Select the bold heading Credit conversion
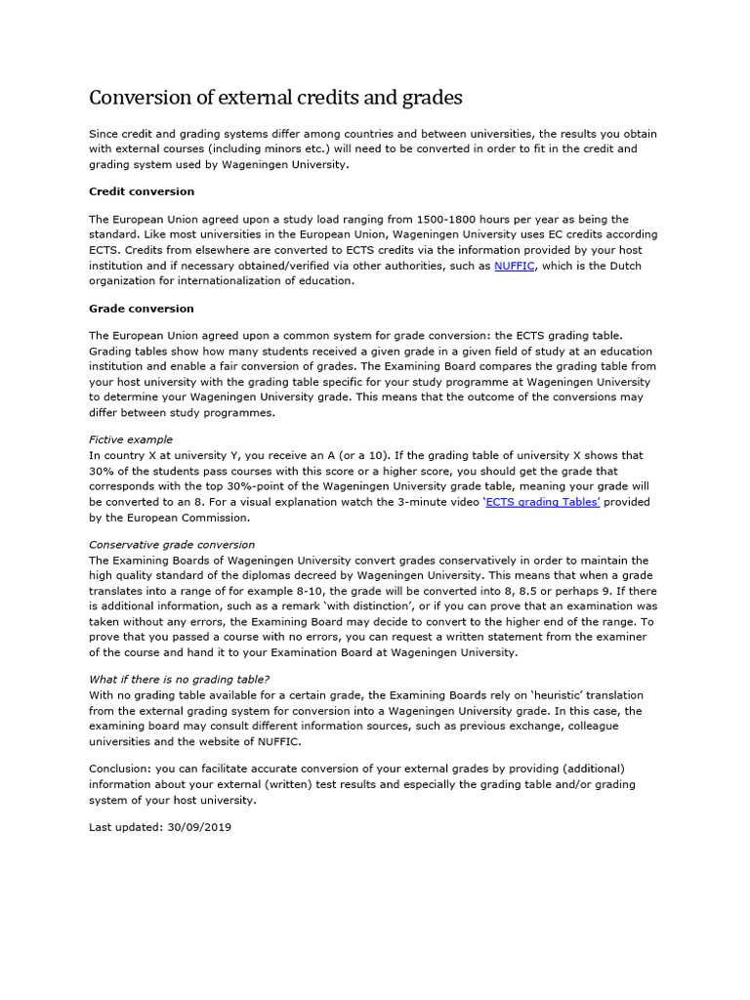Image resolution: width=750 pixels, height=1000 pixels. [x=142, y=191]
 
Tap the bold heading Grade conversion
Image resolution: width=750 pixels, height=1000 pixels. [x=142, y=309]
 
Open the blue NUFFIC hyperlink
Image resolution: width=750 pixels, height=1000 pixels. [x=514, y=266]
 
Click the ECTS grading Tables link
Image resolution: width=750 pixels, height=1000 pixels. [x=542, y=502]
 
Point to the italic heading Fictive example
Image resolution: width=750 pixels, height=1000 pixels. [x=131, y=439]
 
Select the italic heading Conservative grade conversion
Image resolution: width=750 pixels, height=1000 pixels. [x=172, y=545]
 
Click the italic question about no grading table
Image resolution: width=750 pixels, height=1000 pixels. [x=179, y=680]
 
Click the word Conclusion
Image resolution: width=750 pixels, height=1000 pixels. [x=121, y=768]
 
